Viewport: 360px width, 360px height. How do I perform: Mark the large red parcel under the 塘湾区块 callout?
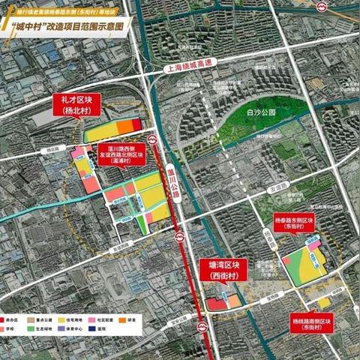[215, 304]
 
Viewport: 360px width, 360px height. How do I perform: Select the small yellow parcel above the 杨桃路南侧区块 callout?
[324, 301]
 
